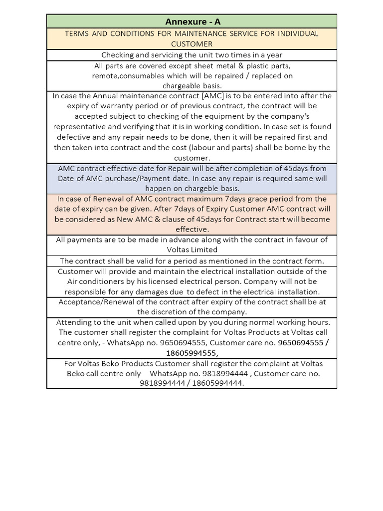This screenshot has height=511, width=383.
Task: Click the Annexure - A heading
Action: tap(191, 21)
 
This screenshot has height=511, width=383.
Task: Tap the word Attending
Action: tap(75, 322)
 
